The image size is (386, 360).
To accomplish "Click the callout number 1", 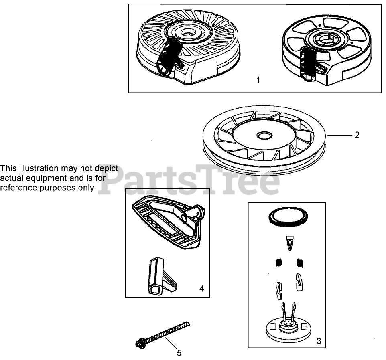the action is pyautogui.click(x=258, y=80).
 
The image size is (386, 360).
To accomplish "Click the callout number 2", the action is pyautogui.click(x=357, y=135).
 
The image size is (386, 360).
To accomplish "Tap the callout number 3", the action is pyautogui.click(x=319, y=341).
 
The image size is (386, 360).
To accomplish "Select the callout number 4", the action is pyautogui.click(x=201, y=289).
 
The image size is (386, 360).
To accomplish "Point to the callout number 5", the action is pyautogui.click(x=179, y=353).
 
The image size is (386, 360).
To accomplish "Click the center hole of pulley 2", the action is pyautogui.click(x=264, y=135).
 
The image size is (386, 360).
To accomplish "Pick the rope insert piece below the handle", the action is pyautogui.click(x=161, y=276).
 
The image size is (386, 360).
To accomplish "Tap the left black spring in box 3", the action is pyautogui.click(x=278, y=263).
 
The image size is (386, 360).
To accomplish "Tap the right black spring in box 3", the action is pyautogui.click(x=300, y=263).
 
